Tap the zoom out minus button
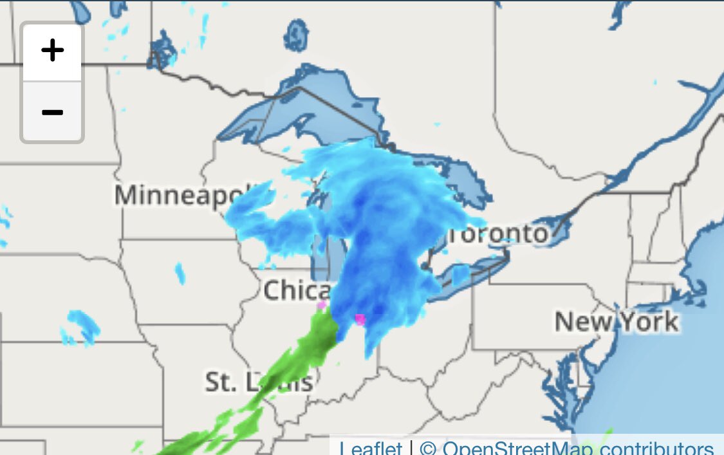click(x=52, y=112)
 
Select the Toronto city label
click(x=499, y=234)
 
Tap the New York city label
click(x=616, y=320)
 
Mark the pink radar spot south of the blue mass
click(x=360, y=319)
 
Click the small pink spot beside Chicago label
click(x=321, y=305)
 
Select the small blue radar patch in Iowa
click(x=180, y=273)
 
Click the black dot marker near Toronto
click(x=425, y=265)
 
